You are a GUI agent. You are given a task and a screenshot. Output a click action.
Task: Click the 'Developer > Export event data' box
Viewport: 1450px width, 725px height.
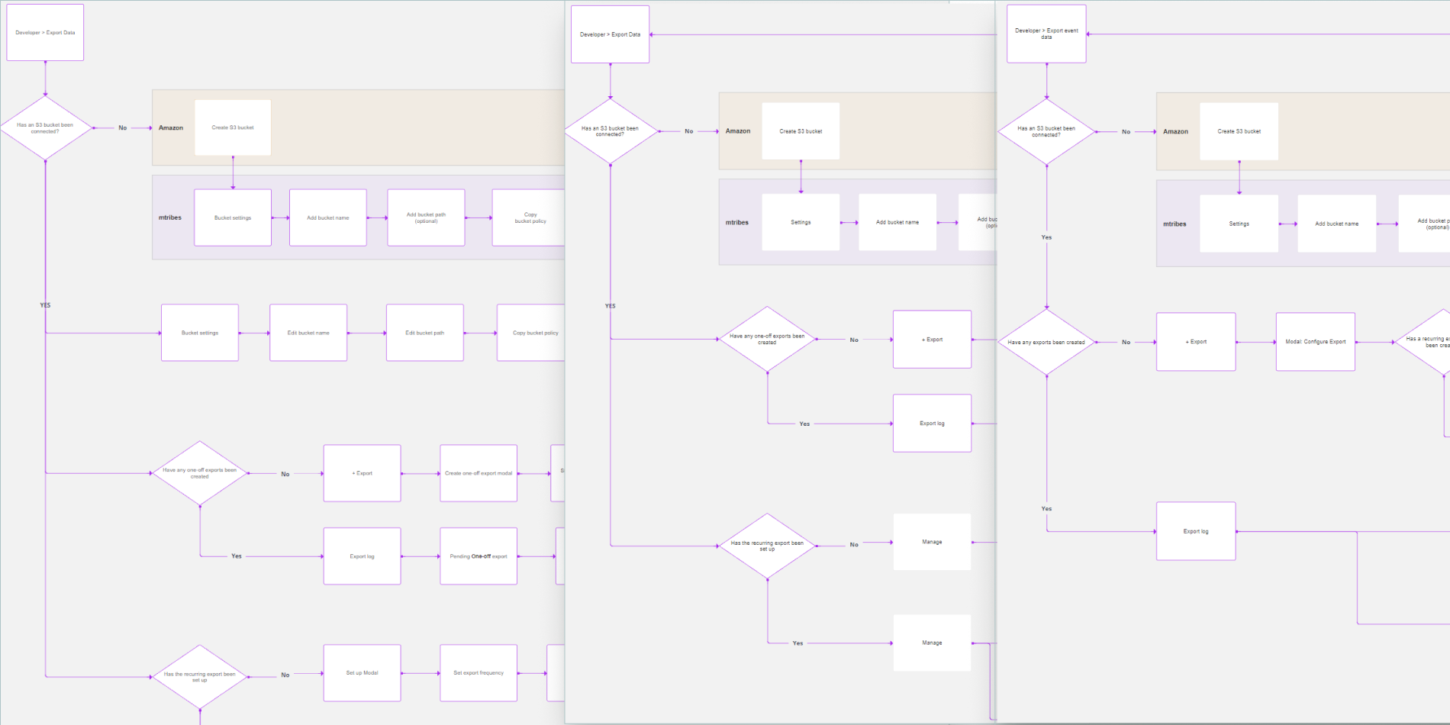tap(1046, 34)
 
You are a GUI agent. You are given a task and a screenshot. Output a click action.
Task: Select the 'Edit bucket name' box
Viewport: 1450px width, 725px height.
tap(308, 333)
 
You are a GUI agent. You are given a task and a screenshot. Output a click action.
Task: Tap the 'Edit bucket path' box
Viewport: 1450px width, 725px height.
tap(424, 333)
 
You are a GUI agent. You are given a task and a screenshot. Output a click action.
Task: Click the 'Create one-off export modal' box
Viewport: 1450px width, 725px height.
tap(478, 473)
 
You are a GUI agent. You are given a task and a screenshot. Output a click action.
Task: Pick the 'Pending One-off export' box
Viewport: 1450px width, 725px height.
tap(478, 556)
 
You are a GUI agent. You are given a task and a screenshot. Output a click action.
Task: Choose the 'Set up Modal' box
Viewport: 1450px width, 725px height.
tap(362, 673)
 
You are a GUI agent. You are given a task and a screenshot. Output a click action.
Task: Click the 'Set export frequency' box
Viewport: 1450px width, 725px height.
tap(478, 673)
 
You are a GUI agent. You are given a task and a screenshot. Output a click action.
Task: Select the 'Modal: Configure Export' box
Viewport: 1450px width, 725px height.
tap(1315, 342)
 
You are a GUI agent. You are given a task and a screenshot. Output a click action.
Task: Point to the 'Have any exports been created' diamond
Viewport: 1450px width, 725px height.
tap(1046, 342)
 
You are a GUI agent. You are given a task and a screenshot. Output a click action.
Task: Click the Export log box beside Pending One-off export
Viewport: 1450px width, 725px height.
tap(362, 556)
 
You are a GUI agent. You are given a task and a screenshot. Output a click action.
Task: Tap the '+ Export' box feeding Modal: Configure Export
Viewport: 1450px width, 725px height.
tap(1196, 342)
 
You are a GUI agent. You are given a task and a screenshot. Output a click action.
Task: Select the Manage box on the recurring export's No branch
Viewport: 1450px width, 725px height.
tap(932, 542)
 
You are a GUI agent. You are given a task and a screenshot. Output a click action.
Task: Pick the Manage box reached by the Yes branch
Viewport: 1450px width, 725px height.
tap(932, 643)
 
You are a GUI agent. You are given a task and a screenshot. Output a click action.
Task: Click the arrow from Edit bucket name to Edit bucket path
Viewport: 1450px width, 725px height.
tap(366, 333)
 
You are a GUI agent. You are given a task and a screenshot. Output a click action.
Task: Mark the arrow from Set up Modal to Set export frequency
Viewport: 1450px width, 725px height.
tap(420, 673)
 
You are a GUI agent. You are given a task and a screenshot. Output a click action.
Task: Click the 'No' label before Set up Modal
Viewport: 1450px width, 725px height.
tap(285, 675)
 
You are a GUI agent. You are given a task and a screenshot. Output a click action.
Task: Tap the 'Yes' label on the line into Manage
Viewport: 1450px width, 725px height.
tap(797, 643)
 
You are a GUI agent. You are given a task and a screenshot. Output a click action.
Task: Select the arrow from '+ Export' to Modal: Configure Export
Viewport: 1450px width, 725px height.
tap(1255, 342)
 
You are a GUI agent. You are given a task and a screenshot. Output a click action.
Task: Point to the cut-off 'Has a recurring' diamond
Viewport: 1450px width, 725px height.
tap(1426, 342)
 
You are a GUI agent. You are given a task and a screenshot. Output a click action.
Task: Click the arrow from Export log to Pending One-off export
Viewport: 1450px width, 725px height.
tap(420, 556)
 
